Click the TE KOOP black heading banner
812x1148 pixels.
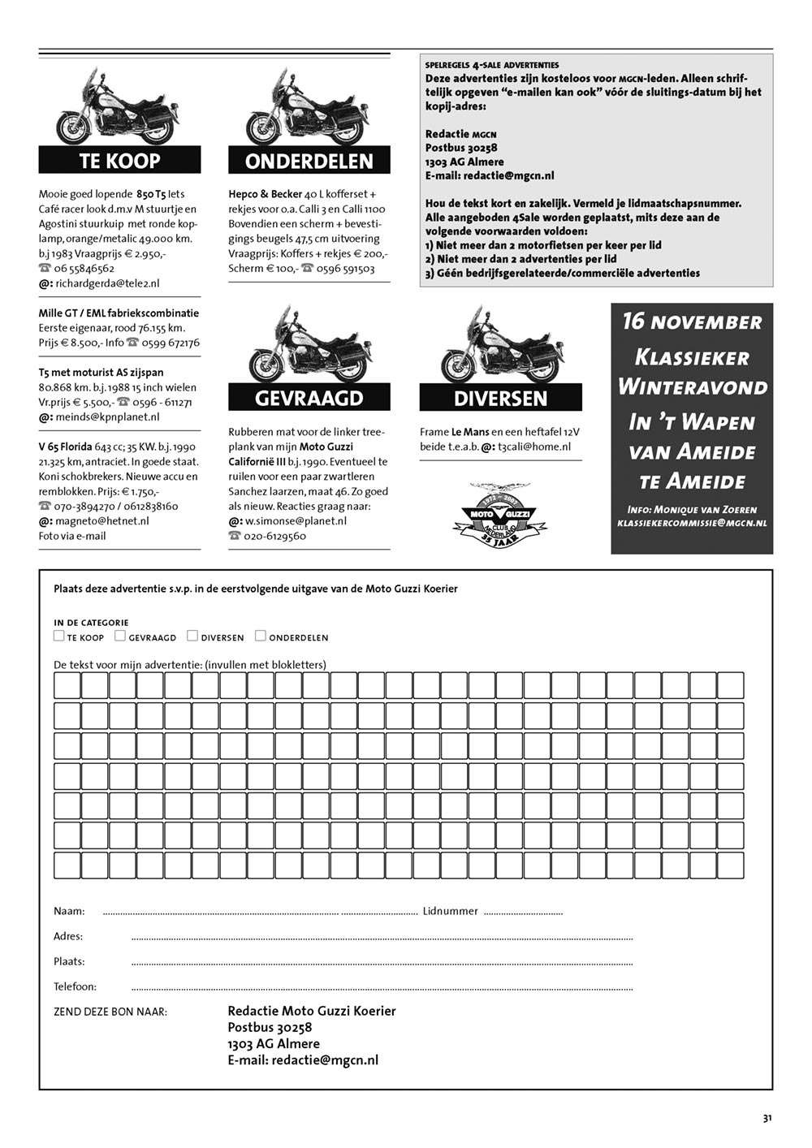[x=119, y=160]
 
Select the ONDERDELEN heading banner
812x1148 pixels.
[x=309, y=161]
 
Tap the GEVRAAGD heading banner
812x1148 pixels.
[x=309, y=398]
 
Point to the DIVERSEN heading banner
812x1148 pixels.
[x=500, y=398]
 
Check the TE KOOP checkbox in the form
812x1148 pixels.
[x=59, y=637]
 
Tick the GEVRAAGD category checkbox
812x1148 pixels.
[x=120, y=637]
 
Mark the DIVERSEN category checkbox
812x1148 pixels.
[x=192, y=637]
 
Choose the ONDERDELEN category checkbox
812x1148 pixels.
[x=261, y=637]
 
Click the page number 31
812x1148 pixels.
[x=767, y=1118]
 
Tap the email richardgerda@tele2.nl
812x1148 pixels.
[x=107, y=283]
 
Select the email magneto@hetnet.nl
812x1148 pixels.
[x=101, y=520]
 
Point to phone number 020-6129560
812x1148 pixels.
[x=275, y=536]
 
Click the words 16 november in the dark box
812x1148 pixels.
[x=692, y=322]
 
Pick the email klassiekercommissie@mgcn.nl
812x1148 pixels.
[x=692, y=524]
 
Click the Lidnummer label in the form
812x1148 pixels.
[x=450, y=911]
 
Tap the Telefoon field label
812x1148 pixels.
[x=75, y=986]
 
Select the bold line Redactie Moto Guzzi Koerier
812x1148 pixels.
[x=312, y=1011]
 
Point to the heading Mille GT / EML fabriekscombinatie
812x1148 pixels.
[x=119, y=313]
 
